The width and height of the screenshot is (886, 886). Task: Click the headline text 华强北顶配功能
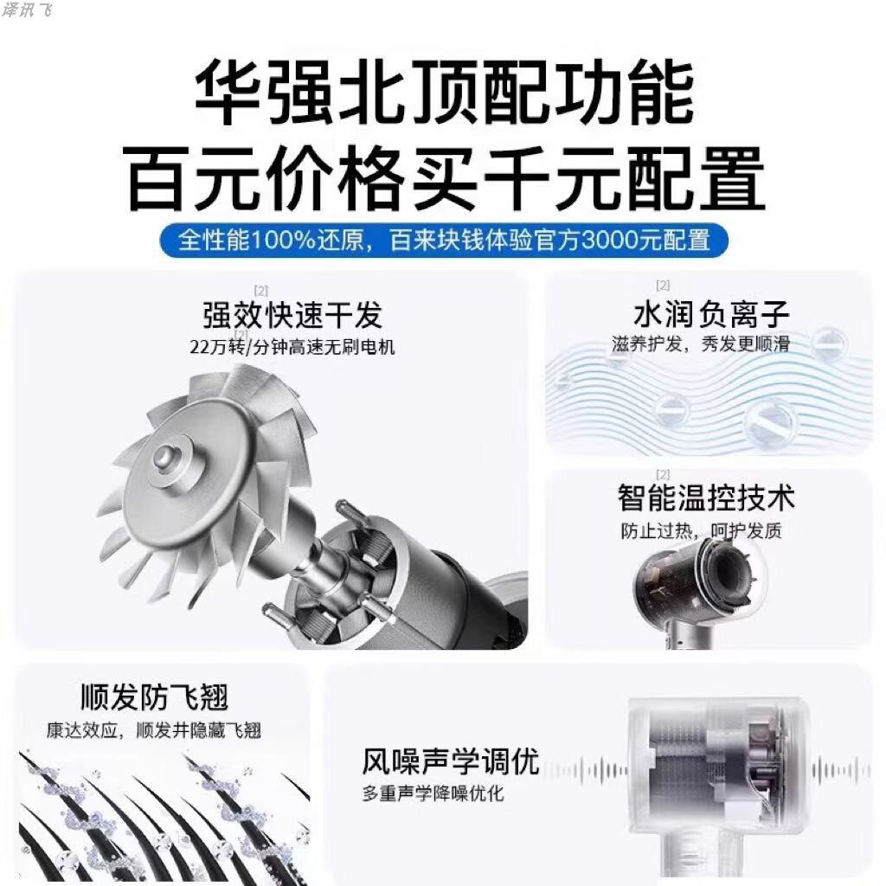coord(443,93)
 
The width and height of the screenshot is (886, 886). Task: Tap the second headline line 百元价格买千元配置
coord(443,179)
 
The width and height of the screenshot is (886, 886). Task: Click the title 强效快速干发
coord(292,314)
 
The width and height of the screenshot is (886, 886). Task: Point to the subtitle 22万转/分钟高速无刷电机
coord(292,347)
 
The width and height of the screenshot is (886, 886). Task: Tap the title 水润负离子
coord(711,313)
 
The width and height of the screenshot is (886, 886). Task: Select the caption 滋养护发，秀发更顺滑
coord(711,343)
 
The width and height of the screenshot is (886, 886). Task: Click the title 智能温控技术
coord(706,499)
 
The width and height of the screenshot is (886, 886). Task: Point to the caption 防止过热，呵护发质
coord(701,530)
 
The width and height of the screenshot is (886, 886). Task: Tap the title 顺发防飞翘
coord(154,697)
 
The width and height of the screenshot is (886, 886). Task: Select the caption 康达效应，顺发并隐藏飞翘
coord(154,729)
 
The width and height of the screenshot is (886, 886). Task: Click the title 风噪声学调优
coord(450,762)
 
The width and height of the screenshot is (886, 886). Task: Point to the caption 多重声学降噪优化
coord(433,793)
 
